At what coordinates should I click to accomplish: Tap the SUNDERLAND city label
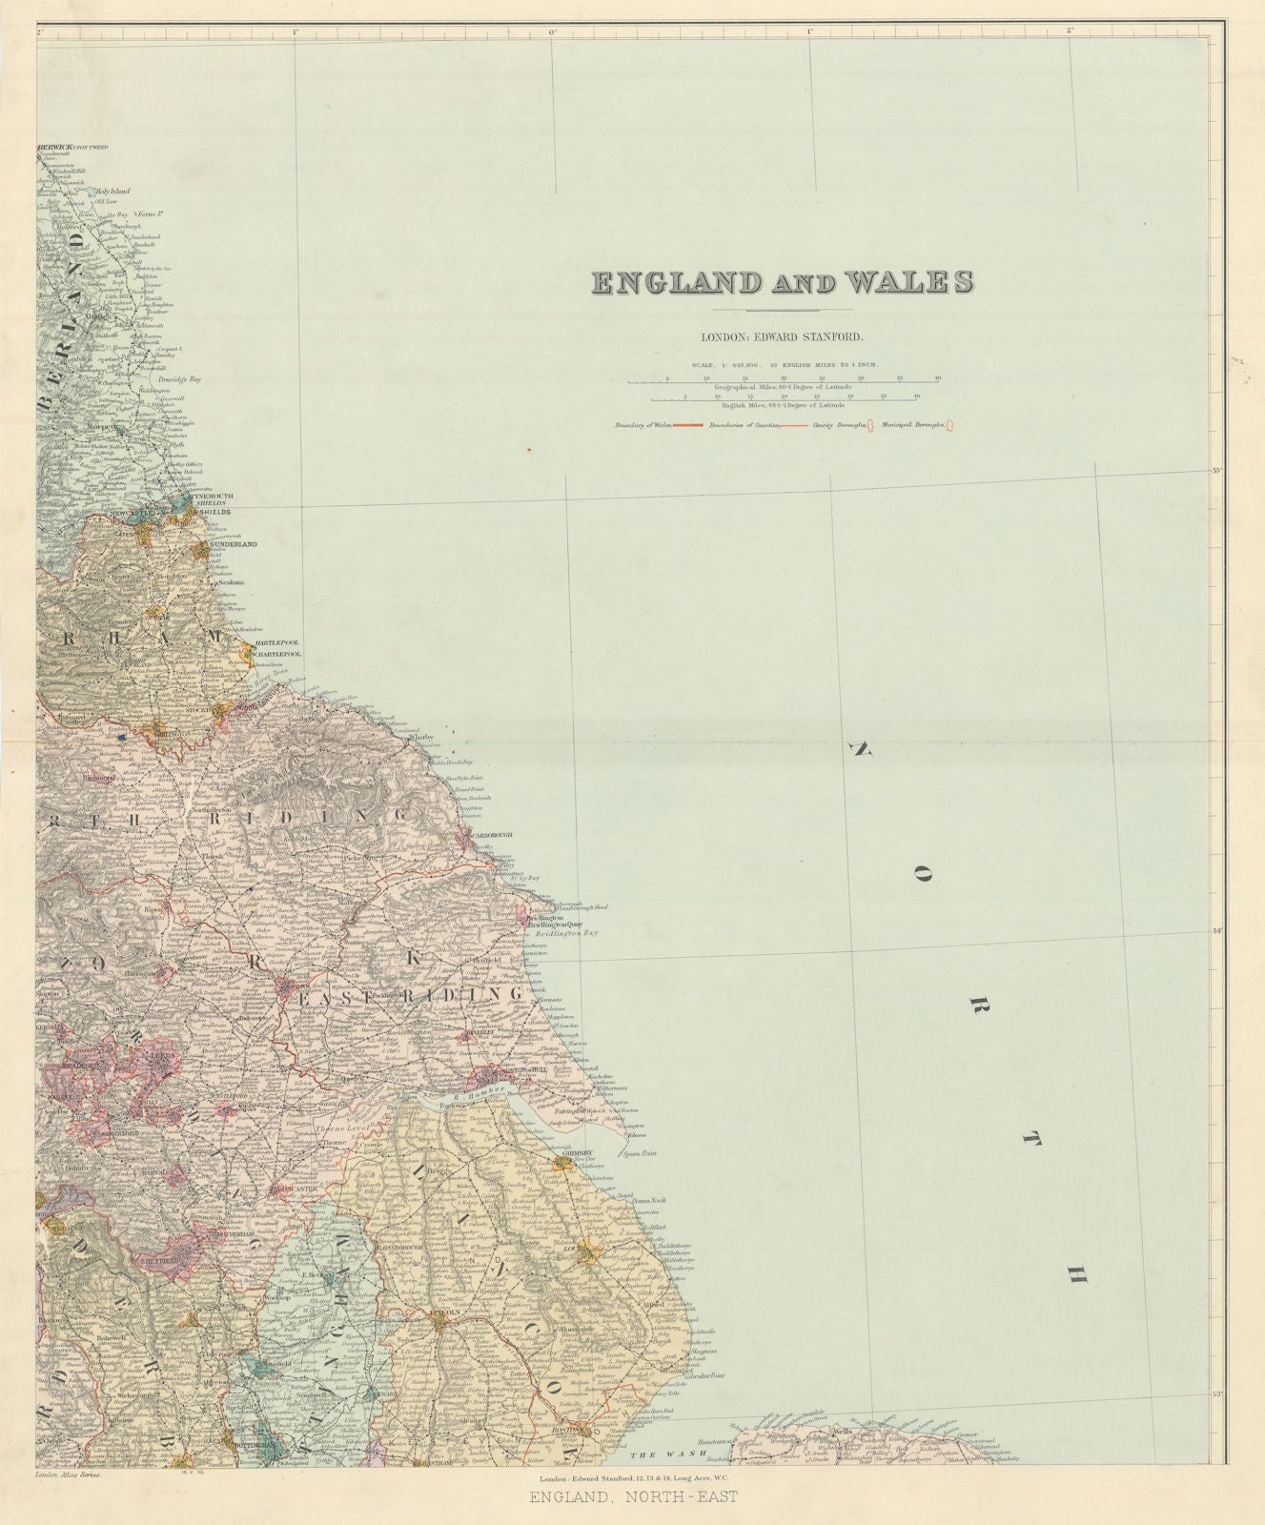[x=234, y=544]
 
